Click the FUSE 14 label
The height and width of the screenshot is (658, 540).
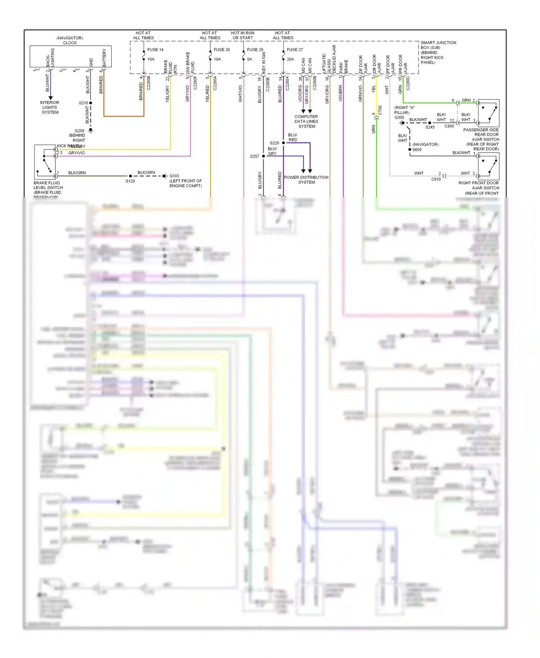(x=155, y=50)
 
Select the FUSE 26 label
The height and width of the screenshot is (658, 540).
(x=221, y=50)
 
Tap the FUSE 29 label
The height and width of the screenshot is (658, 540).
(x=255, y=50)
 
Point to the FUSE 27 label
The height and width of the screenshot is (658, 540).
(x=294, y=50)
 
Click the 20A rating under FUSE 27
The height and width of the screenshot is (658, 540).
(x=290, y=59)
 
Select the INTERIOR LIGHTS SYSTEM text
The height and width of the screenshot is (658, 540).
(x=50, y=107)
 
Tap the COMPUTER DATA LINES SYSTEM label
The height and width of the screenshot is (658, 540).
(x=306, y=121)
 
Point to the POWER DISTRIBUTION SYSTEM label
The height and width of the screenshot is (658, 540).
(x=306, y=180)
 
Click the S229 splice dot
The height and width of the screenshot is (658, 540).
(x=283, y=143)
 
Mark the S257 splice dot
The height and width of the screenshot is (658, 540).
(x=264, y=156)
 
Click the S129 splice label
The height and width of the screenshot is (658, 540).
(x=130, y=181)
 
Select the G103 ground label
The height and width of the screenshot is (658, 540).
(x=174, y=176)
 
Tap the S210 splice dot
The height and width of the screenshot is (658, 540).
(x=91, y=103)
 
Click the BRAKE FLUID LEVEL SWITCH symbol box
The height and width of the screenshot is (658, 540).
(x=45, y=162)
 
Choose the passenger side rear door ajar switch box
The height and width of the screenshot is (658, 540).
(x=489, y=113)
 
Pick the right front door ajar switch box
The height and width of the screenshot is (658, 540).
(x=489, y=166)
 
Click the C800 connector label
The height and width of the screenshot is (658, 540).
(x=449, y=126)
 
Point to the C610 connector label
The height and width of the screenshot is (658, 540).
(x=436, y=179)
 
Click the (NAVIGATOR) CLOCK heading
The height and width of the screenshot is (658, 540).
(x=70, y=40)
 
